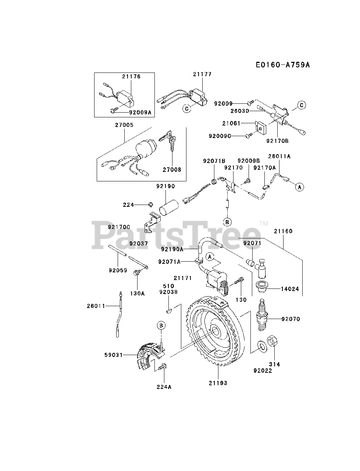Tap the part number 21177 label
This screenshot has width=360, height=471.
point(202,74)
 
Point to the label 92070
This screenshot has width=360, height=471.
point(291,319)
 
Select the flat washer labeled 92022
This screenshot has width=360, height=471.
point(262,346)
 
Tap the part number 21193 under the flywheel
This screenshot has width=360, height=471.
point(218,383)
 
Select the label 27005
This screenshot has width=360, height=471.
point(124,125)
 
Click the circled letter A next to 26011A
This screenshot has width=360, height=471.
point(299,187)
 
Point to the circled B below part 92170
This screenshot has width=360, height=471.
point(228,222)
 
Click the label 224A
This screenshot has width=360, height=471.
point(164,387)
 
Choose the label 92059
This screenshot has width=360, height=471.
point(118,270)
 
